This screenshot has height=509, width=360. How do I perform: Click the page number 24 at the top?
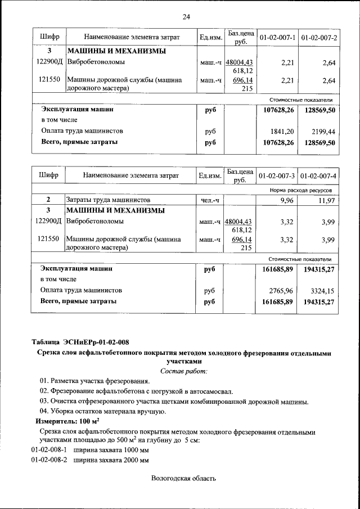[186, 16]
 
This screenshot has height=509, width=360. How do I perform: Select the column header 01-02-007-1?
[277, 38]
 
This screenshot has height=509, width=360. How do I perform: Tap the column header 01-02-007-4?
[318, 176]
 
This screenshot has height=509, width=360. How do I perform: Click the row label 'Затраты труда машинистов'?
[108, 200]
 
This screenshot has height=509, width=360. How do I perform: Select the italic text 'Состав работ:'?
[184, 371]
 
